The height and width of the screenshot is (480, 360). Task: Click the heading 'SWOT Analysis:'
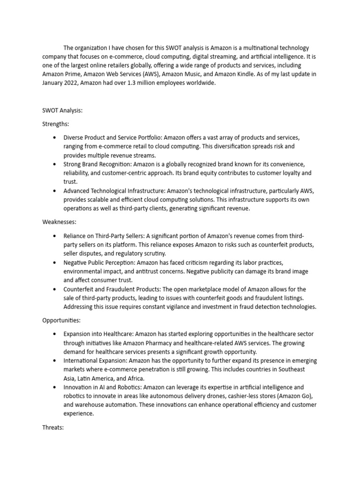click(62, 111)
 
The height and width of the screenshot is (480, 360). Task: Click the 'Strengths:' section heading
click(56, 124)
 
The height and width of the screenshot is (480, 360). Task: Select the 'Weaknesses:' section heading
click(60, 222)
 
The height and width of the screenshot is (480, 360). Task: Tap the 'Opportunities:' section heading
click(62, 320)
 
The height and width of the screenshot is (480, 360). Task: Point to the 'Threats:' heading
click(53, 427)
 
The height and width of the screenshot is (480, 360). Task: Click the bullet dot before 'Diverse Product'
click(55, 138)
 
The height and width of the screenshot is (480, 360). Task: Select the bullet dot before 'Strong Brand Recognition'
click(55, 165)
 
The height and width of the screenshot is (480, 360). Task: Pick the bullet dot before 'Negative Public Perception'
click(55, 262)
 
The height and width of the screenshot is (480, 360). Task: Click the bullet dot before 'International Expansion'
click(55, 360)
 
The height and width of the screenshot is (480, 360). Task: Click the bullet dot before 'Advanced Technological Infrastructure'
click(55, 191)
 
